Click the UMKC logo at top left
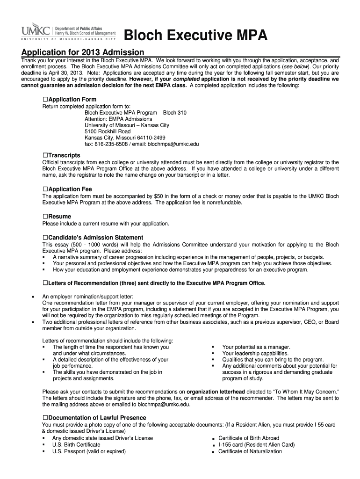[x=36, y=31]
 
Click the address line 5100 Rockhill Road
[x=108, y=132]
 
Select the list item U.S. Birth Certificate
[x=76, y=444]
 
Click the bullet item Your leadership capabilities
[x=255, y=354]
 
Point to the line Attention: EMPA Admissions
[x=118, y=119]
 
